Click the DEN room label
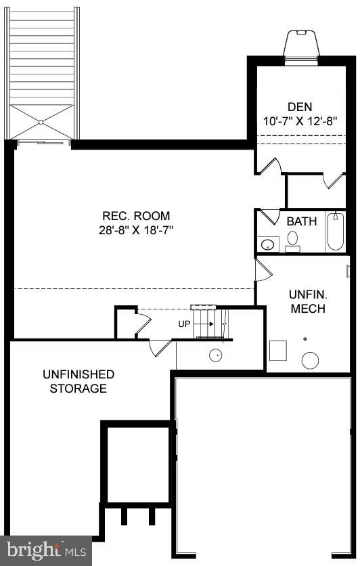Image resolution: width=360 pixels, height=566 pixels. click(x=300, y=106)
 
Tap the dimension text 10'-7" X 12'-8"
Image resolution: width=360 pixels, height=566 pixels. click(x=300, y=122)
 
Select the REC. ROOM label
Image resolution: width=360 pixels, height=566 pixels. click(x=134, y=216)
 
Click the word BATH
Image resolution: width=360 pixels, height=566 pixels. click(x=301, y=221)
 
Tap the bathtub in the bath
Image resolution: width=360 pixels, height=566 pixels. click(x=335, y=232)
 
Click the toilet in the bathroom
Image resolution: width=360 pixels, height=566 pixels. click(x=293, y=240)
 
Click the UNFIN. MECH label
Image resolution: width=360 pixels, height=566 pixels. click(x=307, y=302)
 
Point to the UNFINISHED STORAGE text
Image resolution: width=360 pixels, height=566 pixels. click(x=78, y=381)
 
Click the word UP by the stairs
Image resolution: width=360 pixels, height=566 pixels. click(x=184, y=324)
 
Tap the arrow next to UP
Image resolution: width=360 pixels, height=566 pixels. click(x=205, y=324)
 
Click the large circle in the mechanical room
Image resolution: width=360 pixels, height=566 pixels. click(x=310, y=360)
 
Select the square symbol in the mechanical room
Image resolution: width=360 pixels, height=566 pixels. click(x=277, y=350)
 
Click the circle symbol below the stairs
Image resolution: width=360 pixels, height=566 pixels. click(x=217, y=354)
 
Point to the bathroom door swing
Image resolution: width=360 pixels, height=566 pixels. click(x=270, y=216)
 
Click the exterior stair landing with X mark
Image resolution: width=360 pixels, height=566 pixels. click(x=42, y=123)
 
